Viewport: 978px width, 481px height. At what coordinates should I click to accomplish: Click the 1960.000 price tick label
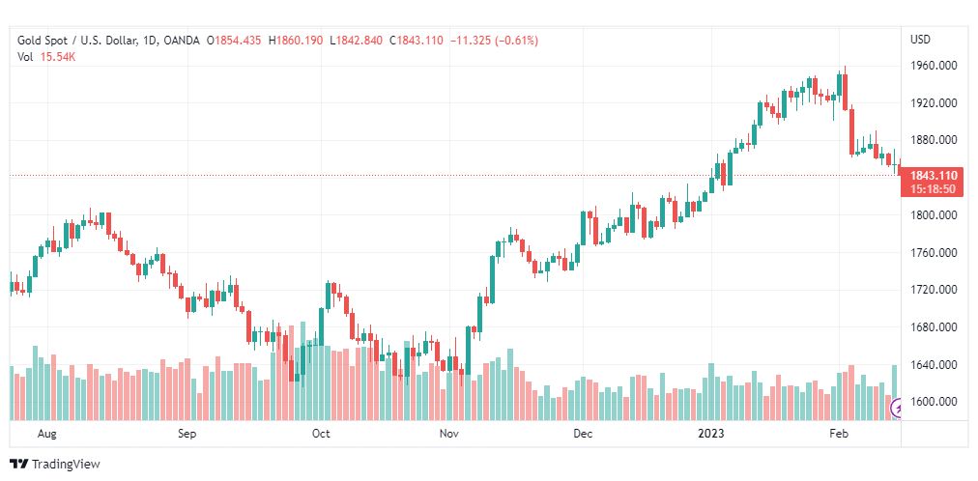tap(934, 66)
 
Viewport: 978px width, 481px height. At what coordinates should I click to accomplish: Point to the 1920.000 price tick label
tap(934, 102)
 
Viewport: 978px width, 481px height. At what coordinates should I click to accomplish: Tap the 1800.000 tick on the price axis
tap(934, 215)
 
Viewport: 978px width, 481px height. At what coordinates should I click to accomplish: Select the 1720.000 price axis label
tap(934, 290)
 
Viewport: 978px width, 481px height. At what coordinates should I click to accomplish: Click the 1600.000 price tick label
tap(934, 402)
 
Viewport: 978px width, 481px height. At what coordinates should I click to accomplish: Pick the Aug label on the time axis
tap(46, 434)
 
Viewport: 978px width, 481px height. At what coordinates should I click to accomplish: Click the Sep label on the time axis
tap(187, 434)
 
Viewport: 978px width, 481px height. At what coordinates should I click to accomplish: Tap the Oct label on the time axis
tap(321, 434)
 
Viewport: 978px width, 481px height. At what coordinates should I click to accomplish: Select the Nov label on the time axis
tap(448, 434)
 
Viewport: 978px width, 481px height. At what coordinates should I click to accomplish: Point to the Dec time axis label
tap(582, 434)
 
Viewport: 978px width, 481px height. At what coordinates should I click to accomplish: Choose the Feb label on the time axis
tap(840, 434)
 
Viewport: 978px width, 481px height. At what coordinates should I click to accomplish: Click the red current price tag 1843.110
tap(934, 176)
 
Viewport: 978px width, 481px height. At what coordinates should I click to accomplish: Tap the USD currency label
tap(920, 40)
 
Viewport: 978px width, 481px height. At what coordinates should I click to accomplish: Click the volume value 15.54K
tap(58, 57)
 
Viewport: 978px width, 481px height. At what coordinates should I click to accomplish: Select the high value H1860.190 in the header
tap(296, 41)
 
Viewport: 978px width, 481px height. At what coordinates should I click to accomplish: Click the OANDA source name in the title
tap(182, 41)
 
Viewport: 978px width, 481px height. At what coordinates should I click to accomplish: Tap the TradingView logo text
tap(65, 465)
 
